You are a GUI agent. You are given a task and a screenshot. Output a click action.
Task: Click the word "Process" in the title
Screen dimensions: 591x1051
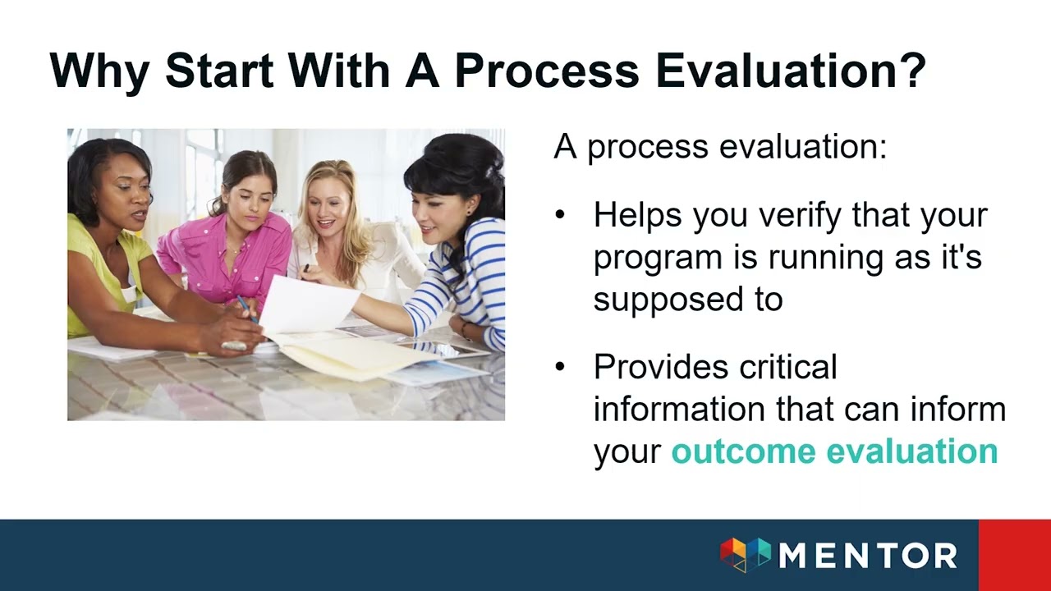546,71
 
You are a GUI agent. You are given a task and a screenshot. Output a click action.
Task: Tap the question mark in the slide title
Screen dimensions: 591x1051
911,71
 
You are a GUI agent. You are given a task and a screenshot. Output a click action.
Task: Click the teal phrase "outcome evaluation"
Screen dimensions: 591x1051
834,451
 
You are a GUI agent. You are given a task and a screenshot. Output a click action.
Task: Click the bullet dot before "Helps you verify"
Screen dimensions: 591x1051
560,215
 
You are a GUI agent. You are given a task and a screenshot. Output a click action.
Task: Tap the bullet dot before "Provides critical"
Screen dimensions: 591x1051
560,367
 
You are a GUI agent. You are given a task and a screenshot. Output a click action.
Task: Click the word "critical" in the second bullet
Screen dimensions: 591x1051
788,367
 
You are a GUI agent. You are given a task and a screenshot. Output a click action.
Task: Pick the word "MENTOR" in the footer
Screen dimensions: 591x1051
868,556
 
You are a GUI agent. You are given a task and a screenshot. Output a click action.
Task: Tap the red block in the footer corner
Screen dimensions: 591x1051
1014,555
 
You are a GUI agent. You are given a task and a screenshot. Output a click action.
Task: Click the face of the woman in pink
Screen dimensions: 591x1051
247,197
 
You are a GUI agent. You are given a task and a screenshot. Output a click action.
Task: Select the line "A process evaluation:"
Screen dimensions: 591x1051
720,147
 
